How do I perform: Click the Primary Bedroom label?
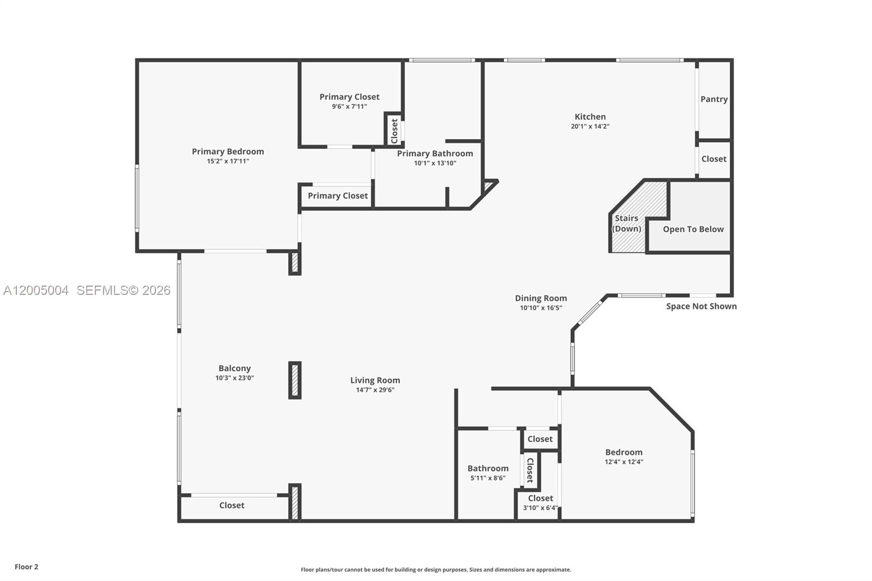coord(228,152)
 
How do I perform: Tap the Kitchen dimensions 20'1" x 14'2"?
coord(590,126)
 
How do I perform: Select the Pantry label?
coord(714,99)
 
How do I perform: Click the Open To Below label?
coord(693,229)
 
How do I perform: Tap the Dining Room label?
coord(541,298)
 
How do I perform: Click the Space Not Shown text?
coord(701,306)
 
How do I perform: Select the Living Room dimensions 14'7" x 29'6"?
coord(375,390)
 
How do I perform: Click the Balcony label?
coord(234,368)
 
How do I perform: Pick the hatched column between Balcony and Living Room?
coord(295,380)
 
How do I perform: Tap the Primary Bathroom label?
coord(435,154)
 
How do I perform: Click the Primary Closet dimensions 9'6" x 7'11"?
coord(349,107)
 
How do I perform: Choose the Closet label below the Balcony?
coord(232,505)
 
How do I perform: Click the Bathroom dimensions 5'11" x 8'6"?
coord(488,478)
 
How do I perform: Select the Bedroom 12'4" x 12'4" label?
coord(623,452)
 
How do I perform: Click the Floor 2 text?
coord(26,567)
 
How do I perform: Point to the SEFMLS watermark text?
coord(123,290)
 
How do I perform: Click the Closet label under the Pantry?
coord(713,159)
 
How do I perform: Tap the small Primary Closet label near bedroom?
coord(337,196)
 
